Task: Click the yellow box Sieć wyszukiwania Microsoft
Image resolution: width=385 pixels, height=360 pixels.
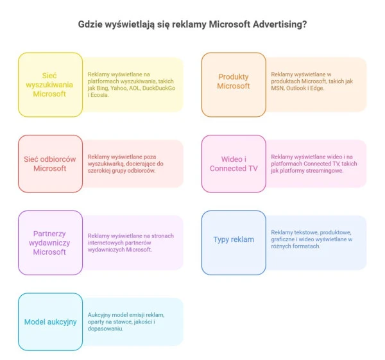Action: [x=50, y=85]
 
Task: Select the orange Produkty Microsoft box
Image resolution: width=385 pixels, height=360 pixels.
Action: [x=234, y=81]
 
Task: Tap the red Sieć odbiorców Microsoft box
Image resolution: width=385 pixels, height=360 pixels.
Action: [x=50, y=164]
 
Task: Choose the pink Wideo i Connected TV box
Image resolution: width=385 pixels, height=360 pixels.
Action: [x=234, y=164]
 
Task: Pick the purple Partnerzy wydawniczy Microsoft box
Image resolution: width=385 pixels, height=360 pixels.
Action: [x=50, y=243]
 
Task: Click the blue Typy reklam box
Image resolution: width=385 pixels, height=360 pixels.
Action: [x=234, y=239]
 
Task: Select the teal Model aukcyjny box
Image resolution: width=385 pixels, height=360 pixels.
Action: [x=50, y=321]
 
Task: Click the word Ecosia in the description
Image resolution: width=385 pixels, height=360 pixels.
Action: [x=98, y=95]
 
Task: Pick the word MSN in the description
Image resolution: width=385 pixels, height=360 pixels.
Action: [x=278, y=88]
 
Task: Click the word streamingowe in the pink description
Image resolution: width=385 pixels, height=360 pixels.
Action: [x=322, y=171]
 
